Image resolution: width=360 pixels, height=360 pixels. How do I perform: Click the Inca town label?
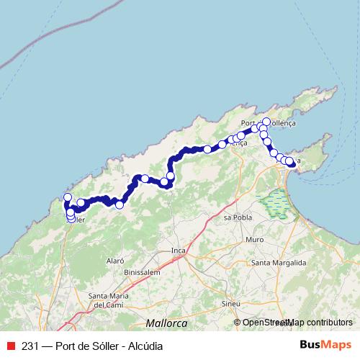pos(179,251)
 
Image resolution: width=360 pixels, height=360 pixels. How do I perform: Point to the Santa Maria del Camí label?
pos(108,300)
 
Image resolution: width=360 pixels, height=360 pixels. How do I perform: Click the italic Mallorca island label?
pos(166,323)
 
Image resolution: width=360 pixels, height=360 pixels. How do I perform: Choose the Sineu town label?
pos(230,305)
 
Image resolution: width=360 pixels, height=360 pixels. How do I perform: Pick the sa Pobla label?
pos(236,217)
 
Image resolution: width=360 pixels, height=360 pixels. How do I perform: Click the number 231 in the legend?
pos(30,346)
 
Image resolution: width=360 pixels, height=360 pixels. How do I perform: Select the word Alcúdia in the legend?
pos(145,346)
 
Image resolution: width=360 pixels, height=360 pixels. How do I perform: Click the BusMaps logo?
pos(326,346)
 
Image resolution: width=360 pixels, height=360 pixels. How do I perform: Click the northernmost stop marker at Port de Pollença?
pos(266,122)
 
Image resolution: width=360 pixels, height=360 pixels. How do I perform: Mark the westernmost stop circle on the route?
pos(68,197)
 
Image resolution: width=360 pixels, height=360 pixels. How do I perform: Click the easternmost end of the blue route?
pos(293,164)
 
